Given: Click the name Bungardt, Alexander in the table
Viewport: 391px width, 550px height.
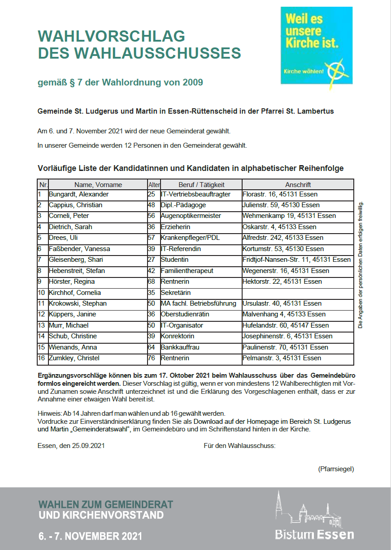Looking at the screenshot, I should pyautogui.click(x=79, y=194).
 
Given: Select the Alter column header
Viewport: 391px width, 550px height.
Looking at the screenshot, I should pyautogui.click(x=154, y=185).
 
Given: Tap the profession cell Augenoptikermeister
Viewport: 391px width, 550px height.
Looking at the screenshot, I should pyautogui.click(x=191, y=216).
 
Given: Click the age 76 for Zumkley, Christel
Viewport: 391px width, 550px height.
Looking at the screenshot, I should pyautogui.click(x=152, y=358).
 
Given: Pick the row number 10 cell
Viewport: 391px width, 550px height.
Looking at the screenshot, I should pyautogui.click(x=42, y=293).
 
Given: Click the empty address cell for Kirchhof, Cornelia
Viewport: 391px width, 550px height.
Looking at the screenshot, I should pyautogui.click(x=297, y=293).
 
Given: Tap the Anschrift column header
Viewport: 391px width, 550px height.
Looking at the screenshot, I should pyautogui.click(x=298, y=185).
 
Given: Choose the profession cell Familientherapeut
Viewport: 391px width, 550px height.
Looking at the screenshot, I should pyautogui.click(x=187, y=271).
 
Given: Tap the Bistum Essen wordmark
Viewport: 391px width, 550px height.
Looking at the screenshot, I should pyautogui.click(x=314, y=534).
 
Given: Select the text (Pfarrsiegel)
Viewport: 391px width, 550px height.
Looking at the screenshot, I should pyautogui.click(x=336, y=469).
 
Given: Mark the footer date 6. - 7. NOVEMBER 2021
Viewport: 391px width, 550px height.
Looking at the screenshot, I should pyautogui.click(x=90, y=536).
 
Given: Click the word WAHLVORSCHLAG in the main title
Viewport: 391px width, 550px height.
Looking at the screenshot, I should pyautogui.click(x=112, y=36).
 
